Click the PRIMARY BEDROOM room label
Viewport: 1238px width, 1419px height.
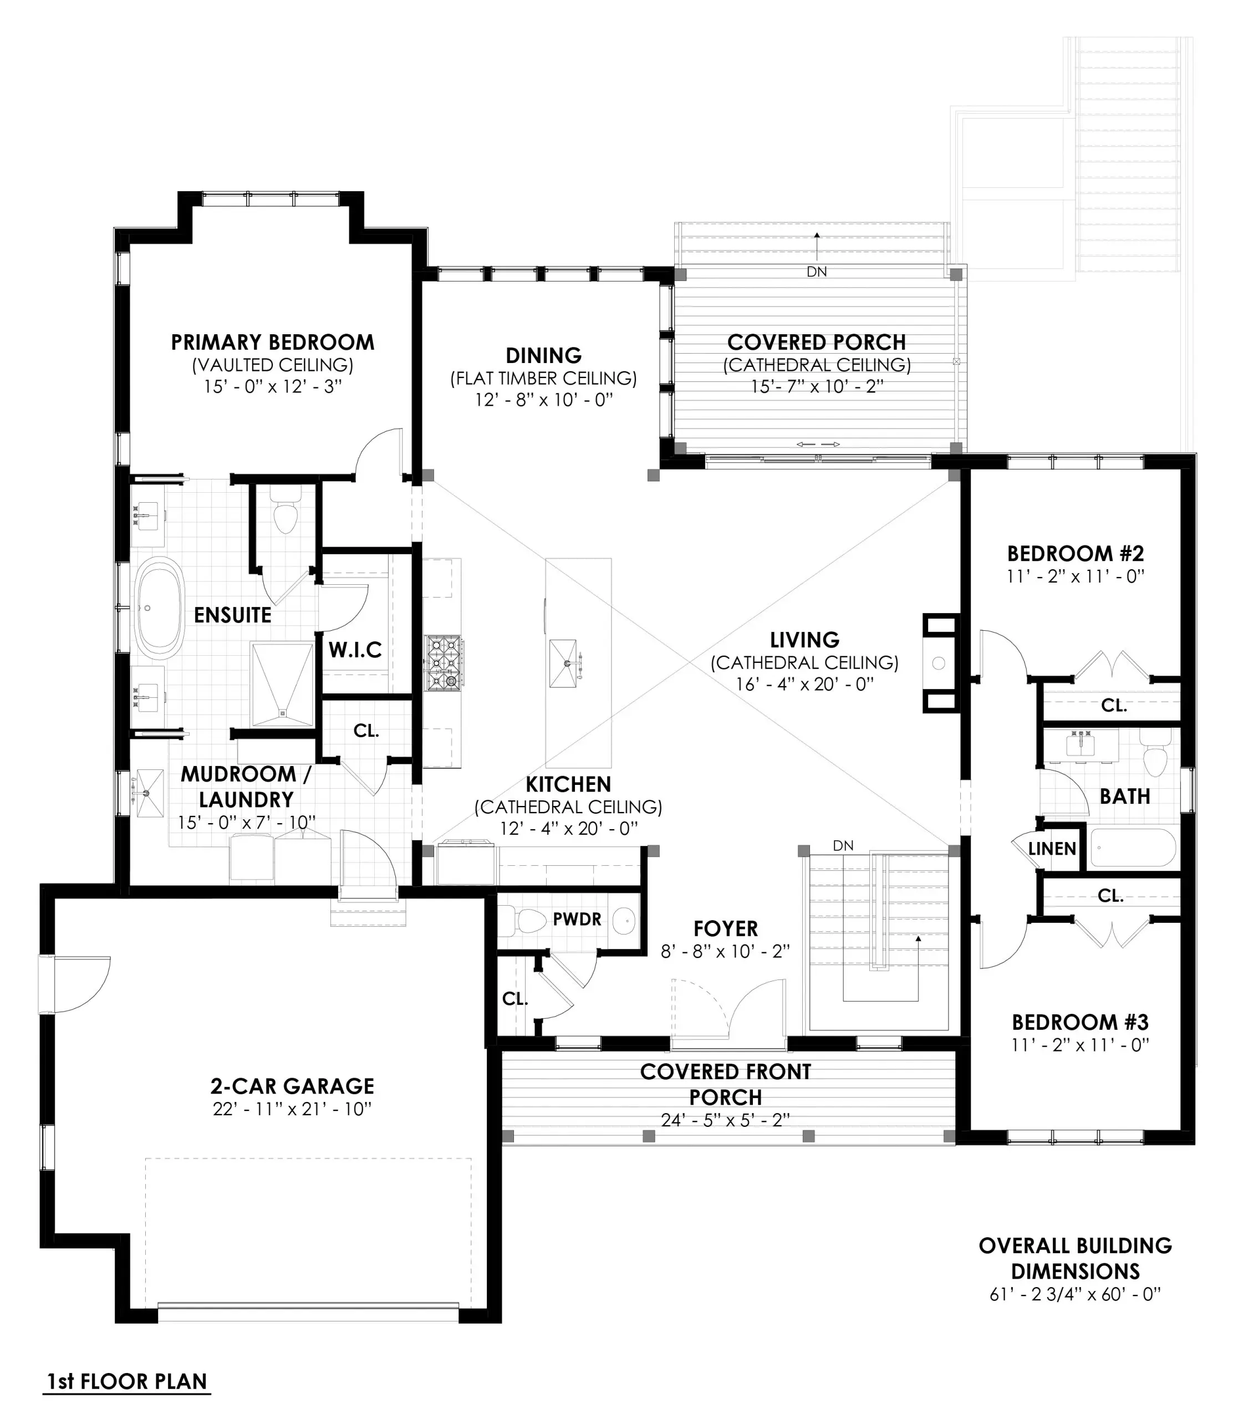coord(272,343)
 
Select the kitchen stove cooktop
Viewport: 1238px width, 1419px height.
coord(443,663)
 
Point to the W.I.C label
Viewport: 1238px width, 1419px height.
coord(355,650)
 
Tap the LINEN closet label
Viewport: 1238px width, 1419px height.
coord(1052,849)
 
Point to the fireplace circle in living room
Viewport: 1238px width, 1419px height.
coord(938,663)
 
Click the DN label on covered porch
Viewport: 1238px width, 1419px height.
coord(817,272)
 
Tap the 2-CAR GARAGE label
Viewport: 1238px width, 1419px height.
coord(292,1086)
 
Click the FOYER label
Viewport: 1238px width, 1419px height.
coord(725,928)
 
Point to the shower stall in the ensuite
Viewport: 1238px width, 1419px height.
coord(282,684)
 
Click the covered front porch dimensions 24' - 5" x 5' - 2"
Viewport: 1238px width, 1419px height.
coord(725,1121)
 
